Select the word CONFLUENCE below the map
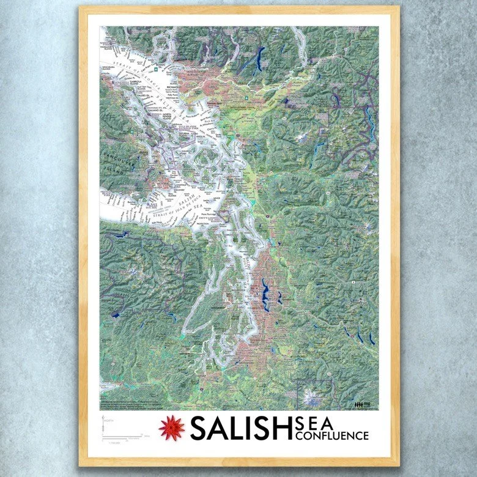(332, 435)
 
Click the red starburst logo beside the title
(172, 427)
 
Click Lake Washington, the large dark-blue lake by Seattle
(264, 294)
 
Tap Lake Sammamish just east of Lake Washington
(279, 297)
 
